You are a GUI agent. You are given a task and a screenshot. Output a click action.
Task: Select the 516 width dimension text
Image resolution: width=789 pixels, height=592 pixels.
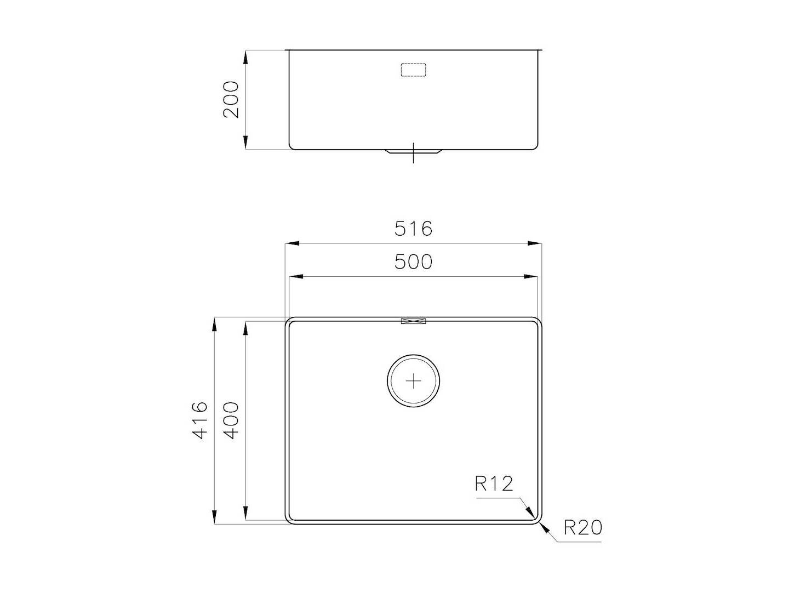(x=414, y=228)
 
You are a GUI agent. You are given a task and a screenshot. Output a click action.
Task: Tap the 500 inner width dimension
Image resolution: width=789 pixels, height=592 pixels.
(x=414, y=261)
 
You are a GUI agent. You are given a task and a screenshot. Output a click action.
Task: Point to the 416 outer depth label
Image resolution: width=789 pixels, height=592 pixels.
(x=201, y=420)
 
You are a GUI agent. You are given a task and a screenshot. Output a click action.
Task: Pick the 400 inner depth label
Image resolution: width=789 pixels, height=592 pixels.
(x=231, y=420)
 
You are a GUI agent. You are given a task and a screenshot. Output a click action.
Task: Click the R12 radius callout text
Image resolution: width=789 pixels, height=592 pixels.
(x=494, y=483)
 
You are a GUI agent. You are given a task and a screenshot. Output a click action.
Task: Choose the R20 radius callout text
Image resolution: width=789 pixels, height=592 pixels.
(x=583, y=527)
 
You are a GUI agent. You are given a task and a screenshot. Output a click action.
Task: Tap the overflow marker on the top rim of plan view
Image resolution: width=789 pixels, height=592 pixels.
(x=414, y=322)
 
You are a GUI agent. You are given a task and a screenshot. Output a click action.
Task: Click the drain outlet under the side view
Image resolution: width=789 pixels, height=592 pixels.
(x=414, y=152)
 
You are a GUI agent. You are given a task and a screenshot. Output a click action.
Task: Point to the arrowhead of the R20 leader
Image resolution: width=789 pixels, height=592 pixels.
(x=544, y=527)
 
